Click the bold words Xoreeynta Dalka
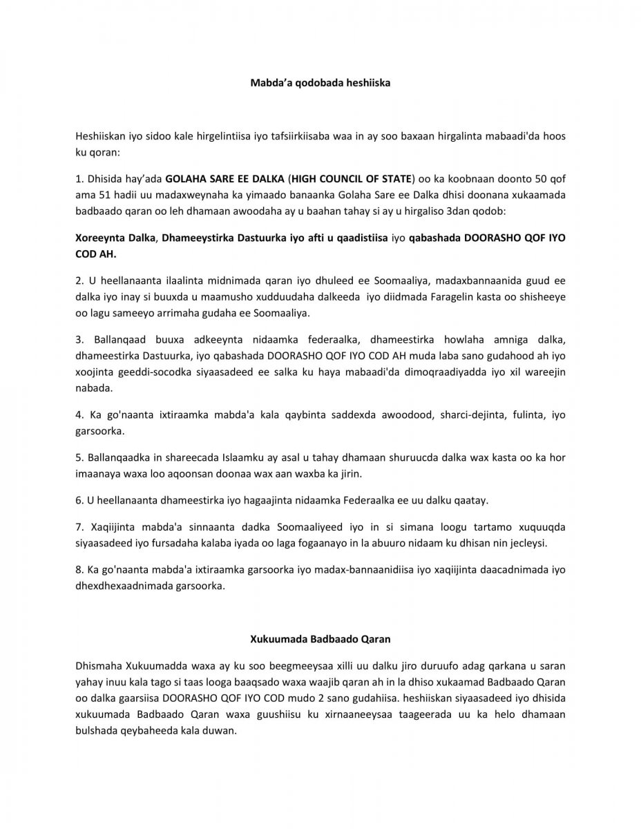coord(115,238)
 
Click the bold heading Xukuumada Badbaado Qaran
coord(320,638)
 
